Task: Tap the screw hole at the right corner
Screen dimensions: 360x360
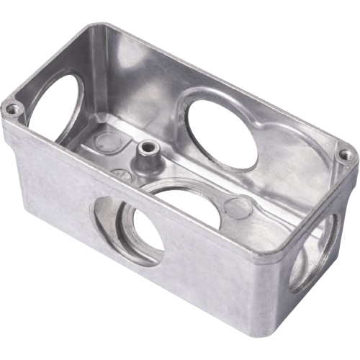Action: (x=344, y=153)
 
